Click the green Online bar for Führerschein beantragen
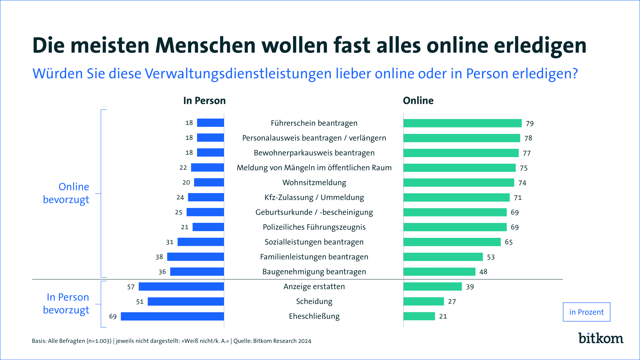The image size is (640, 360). point(462,123)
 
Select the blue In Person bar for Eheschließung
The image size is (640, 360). point(172,316)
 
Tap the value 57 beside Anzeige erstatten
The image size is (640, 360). point(131,287)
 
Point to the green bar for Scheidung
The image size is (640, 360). point(423,301)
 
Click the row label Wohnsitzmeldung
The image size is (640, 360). point(314,183)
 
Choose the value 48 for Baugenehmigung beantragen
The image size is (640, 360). point(483,272)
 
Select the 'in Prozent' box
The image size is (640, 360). point(586,312)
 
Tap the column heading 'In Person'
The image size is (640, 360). point(204,101)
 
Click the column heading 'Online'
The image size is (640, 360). point(418,101)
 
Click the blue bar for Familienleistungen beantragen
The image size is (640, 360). point(195,257)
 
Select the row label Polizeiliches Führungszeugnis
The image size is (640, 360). point(314,227)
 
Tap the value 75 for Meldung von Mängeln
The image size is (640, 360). point(523,168)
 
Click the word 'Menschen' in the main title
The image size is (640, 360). point(205,45)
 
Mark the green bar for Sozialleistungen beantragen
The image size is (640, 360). point(452,242)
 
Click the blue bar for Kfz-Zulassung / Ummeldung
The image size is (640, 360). point(206,197)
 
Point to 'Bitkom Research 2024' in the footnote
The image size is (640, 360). point(282,341)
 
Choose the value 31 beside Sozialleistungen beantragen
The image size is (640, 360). point(170,242)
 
